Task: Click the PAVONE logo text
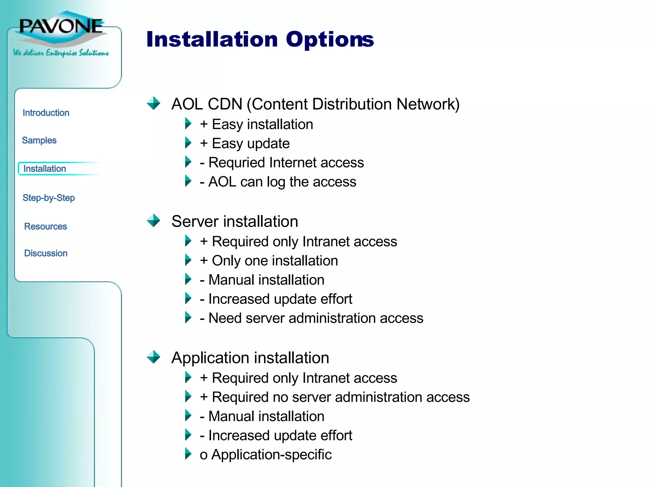point(61,26)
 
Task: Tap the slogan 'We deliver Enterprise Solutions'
point(61,53)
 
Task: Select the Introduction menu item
point(46,113)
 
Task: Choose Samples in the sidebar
point(39,140)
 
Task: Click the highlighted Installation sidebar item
point(45,169)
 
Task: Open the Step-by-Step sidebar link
point(49,198)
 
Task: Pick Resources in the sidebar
point(46,226)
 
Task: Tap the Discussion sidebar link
point(46,253)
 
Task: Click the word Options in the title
point(330,40)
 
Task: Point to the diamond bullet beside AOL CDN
point(154,103)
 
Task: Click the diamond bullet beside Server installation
point(154,220)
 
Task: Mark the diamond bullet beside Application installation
point(154,357)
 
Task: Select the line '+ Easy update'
point(245,144)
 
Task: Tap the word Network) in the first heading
point(428,104)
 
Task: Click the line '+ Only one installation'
point(269,261)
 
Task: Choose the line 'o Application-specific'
point(266,455)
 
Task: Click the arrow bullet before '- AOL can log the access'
point(188,181)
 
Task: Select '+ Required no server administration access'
point(335,397)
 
